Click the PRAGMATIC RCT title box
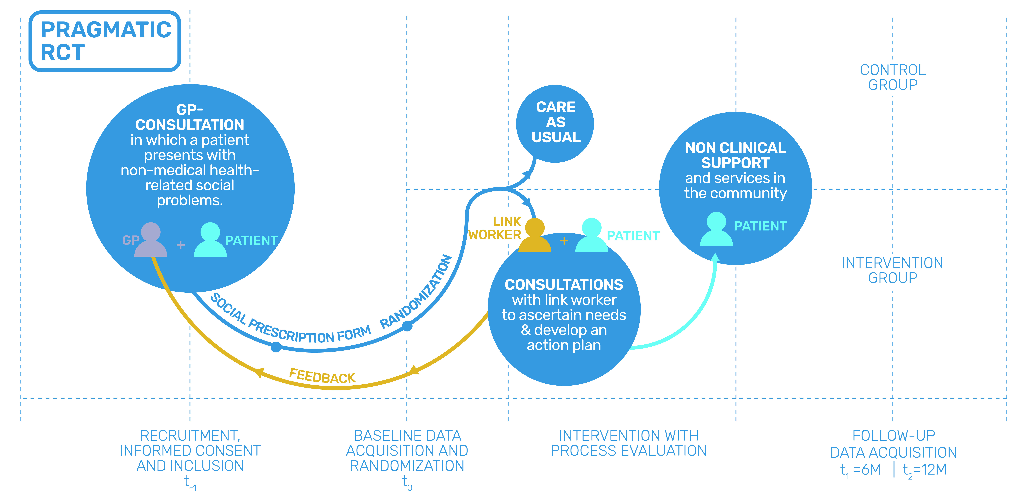(x=105, y=41)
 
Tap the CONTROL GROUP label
(x=893, y=77)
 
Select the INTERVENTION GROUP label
(x=893, y=270)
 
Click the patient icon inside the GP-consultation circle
(x=210, y=240)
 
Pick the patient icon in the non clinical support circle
(x=716, y=229)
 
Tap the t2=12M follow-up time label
(x=925, y=470)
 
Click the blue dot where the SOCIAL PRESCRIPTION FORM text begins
(x=276, y=347)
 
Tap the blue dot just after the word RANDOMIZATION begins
(x=407, y=326)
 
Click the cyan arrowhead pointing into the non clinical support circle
(x=716, y=258)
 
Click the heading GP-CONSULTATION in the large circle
(x=190, y=117)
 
